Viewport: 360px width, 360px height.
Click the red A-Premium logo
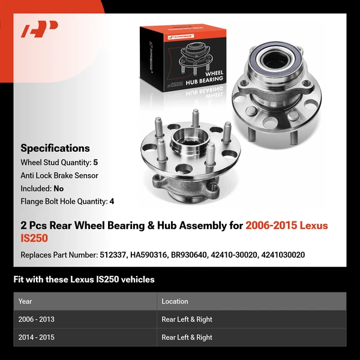[x=40, y=29]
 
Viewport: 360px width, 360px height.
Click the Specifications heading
[x=55, y=148]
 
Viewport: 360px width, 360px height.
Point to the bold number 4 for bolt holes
[x=112, y=202]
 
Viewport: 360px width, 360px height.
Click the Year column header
[x=25, y=301]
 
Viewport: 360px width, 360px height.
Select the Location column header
[x=175, y=301]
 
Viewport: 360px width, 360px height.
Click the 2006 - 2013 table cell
[x=37, y=319]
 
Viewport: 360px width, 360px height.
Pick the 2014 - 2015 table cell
[x=37, y=337]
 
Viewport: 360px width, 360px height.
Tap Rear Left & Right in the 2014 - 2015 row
[x=187, y=337]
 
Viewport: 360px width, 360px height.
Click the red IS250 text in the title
[x=33, y=238]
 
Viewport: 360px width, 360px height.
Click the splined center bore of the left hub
[x=182, y=145]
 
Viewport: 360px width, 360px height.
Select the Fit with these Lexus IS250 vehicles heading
[x=84, y=279]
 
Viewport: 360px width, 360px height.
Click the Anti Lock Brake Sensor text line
[x=59, y=175]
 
